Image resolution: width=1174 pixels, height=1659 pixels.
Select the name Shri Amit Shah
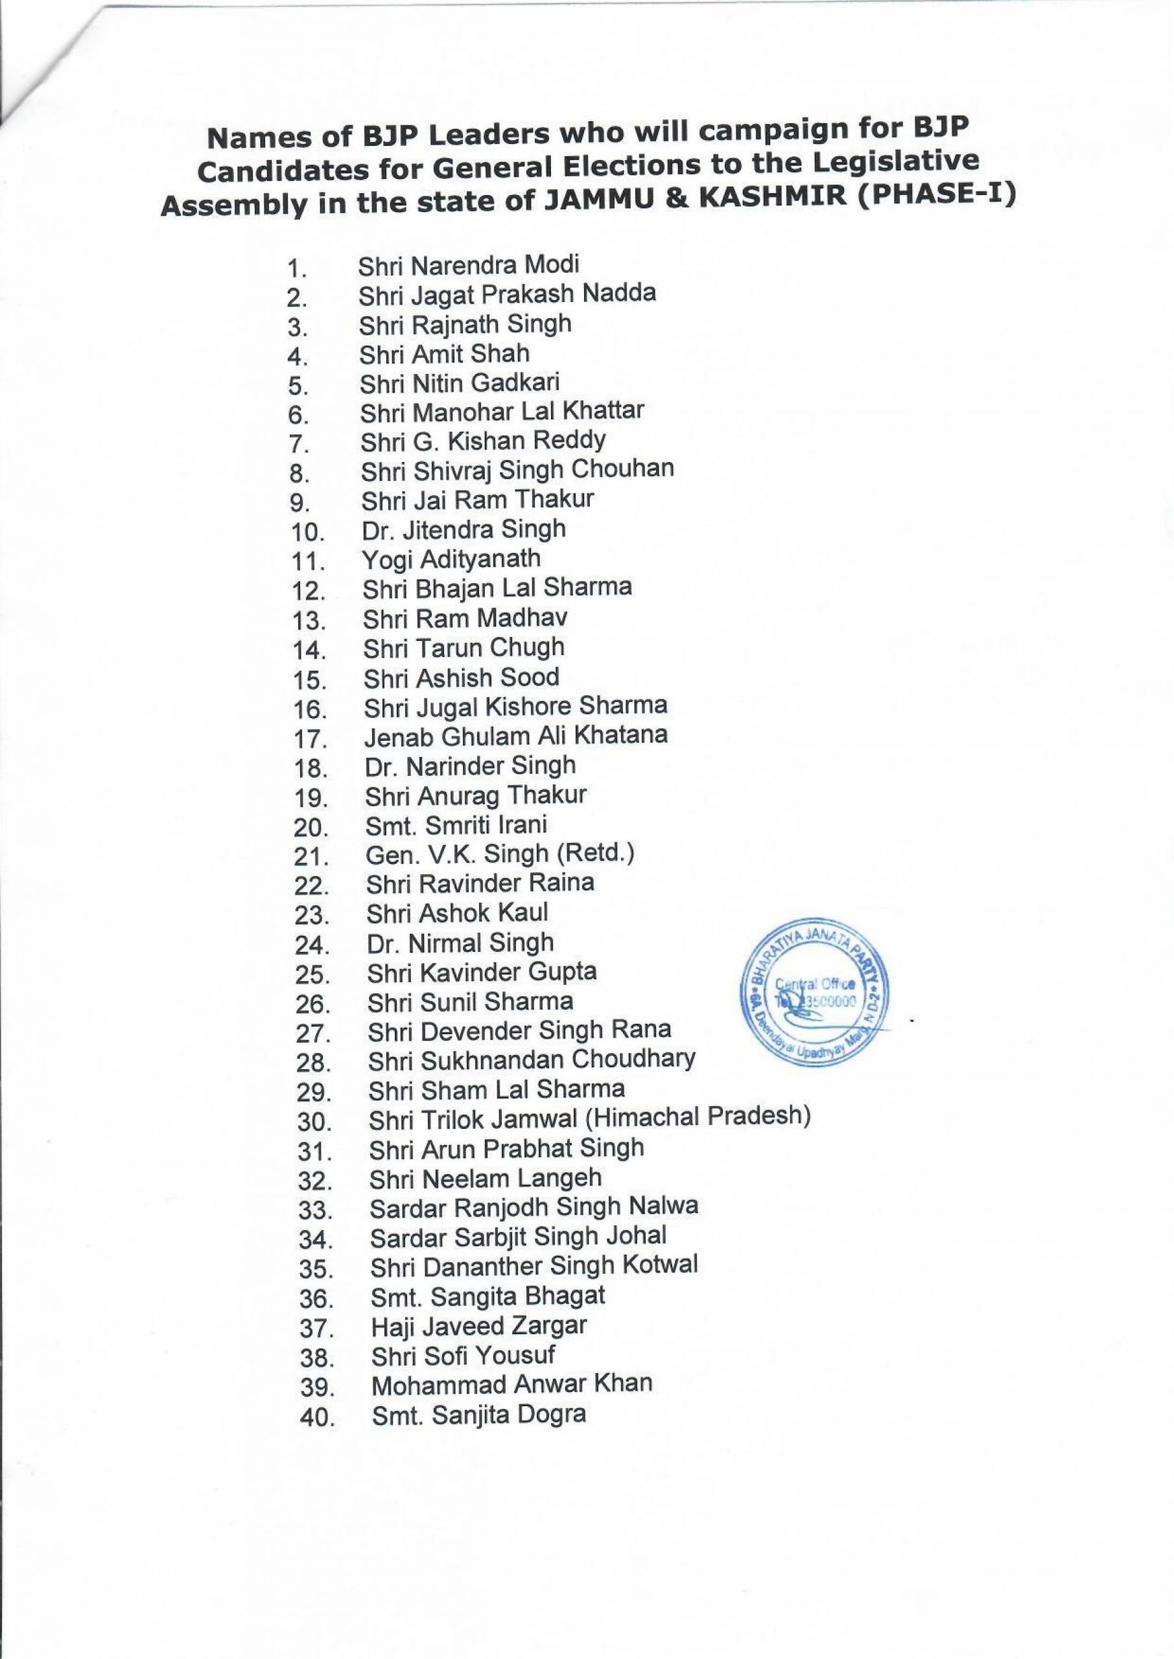coord(444,354)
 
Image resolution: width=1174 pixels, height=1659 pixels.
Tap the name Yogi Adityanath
coord(451,559)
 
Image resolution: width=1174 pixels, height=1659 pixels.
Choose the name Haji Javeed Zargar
coord(479,1326)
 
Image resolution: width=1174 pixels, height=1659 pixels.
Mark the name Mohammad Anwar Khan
coord(511,1385)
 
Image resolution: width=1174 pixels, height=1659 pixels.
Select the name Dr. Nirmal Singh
coord(460,942)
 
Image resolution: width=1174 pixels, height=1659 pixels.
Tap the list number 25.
coord(314,975)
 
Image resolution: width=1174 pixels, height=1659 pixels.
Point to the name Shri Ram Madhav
coord(464,618)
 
